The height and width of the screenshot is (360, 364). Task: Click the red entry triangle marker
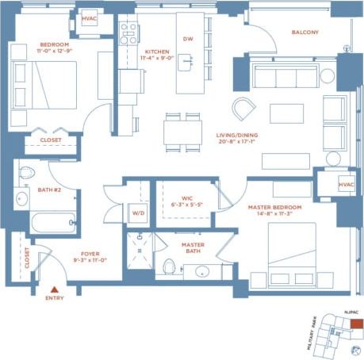point(54,290)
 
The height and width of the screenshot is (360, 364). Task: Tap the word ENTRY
point(54,300)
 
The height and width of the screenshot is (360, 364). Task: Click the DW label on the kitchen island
point(188,39)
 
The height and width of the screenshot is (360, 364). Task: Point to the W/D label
point(138,213)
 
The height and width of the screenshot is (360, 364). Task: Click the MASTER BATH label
point(193,249)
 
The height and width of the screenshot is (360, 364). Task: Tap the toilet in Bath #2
point(25,172)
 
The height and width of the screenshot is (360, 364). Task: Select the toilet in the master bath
point(169,266)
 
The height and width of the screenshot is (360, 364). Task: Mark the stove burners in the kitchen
point(128,33)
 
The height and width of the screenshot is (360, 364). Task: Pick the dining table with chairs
point(182,131)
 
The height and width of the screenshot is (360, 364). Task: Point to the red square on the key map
point(357,324)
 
